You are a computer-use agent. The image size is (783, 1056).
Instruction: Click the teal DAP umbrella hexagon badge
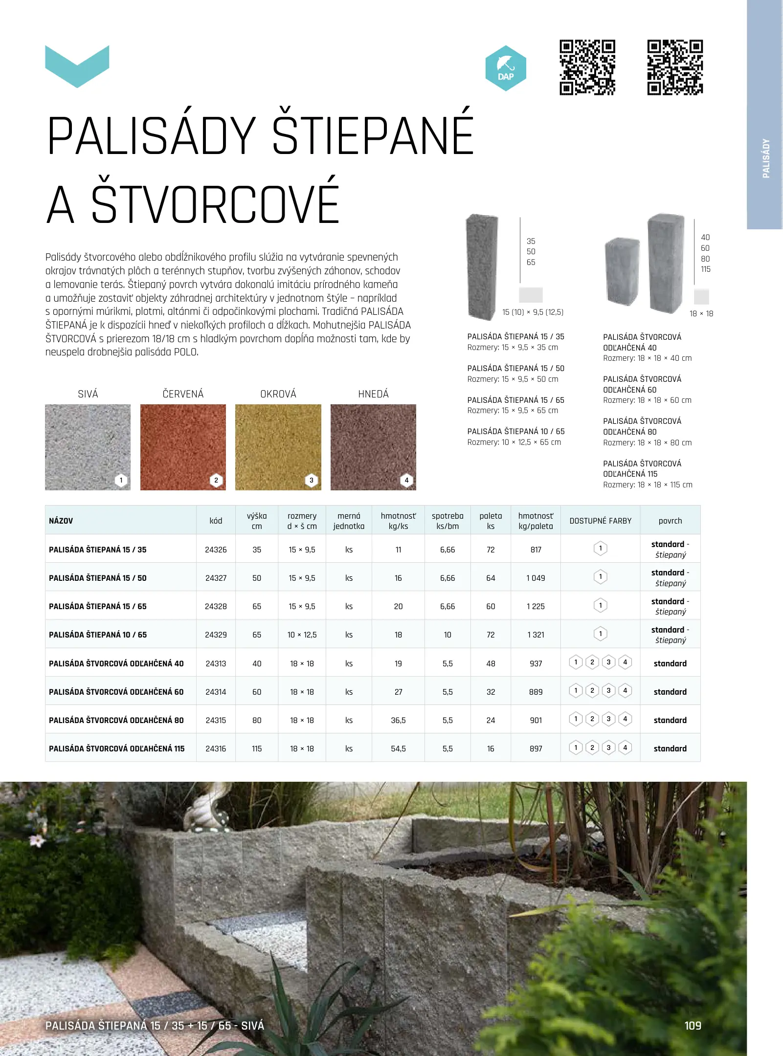506,68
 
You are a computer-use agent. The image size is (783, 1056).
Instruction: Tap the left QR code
587,67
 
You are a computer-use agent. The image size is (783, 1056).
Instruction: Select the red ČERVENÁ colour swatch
183,447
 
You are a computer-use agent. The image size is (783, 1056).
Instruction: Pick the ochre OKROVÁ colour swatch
278,447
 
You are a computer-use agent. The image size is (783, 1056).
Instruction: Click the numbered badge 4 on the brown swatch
406,480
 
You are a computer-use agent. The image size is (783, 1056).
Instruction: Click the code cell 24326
216,550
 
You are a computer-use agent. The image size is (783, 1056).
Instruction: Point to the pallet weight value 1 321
536,635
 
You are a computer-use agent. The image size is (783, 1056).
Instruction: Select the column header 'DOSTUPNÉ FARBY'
600,521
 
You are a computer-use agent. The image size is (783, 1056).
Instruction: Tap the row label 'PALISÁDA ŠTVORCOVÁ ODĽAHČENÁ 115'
117,748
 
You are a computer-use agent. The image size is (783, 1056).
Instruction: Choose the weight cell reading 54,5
398,748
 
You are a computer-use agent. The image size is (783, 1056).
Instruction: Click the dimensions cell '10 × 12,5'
302,635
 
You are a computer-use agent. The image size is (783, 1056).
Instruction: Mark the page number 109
693,1025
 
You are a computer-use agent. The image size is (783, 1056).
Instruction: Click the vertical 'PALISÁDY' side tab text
766,158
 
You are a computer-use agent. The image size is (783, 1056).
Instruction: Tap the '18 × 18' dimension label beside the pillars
701,313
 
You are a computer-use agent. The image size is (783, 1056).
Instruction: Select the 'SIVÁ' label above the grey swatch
88,394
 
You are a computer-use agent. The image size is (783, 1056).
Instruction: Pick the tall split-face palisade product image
482,266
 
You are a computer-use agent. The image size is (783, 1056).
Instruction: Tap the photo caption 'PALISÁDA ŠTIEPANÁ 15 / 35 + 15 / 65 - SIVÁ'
155,1025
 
